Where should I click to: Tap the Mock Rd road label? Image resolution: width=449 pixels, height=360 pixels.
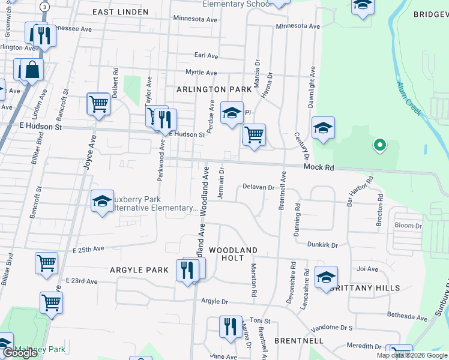318,168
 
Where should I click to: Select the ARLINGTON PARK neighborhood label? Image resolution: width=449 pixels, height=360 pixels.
214,89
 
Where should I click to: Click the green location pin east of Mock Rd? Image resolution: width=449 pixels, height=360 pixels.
379,145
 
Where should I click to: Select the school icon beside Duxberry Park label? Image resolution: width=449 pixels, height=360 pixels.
103,201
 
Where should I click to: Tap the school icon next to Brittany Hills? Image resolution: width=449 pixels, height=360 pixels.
326,277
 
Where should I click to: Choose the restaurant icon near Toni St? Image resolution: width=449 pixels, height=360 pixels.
231,327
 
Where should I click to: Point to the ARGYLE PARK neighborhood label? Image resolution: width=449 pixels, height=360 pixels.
139,270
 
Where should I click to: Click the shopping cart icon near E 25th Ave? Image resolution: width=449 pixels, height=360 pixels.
46,262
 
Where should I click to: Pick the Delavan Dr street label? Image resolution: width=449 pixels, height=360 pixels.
258,187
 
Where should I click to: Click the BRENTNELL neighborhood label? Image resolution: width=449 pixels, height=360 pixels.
298,340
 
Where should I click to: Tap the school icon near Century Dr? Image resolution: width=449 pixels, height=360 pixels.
323,128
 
